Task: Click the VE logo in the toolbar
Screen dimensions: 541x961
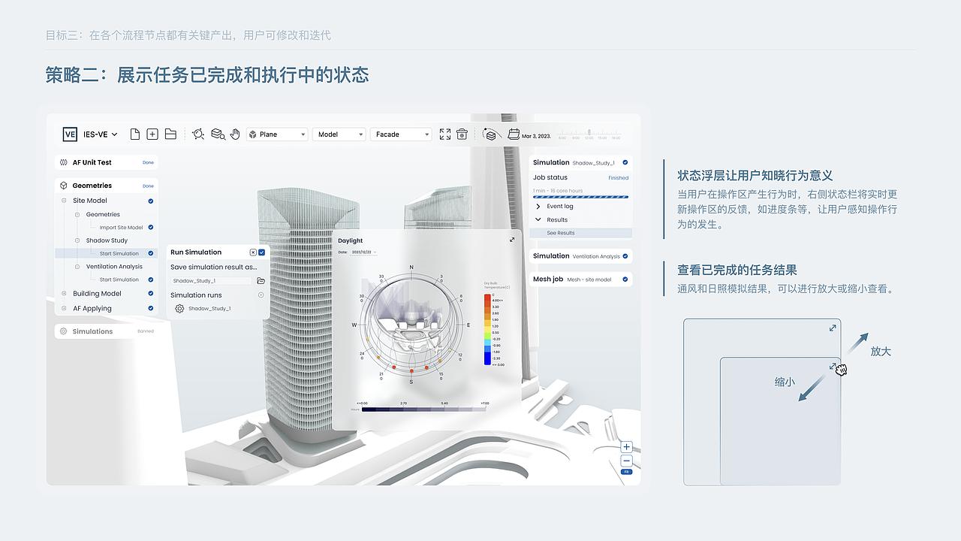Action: pyautogui.click(x=70, y=134)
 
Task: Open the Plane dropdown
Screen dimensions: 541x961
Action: pyautogui.click(x=277, y=134)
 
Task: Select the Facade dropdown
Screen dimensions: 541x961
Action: pyautogui.click(x=400, y=134)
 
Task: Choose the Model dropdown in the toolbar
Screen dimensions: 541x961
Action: pyautogui.click(x=339, y=134)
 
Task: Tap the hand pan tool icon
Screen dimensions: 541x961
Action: pyautogui.click(x=235, y=134)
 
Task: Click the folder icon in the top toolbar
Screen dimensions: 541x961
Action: pyautogui.click(x=170, y=134)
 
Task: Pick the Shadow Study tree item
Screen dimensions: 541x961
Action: pyautogui.click(x=107, y=240)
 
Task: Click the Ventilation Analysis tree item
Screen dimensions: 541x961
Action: pyautogui.click(x=114, y=267)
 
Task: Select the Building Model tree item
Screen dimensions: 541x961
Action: pyautogui.click(x=97, y=294)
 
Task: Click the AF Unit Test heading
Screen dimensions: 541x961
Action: pyautogui.click(x=92, y=162)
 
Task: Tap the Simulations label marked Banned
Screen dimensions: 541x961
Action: pyautogui.click(x=92, y=331)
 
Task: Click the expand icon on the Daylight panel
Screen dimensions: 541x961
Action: pyautogui.click(x=512, y=240)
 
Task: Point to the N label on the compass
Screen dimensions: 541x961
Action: pyautogui.click(x=411, y=267)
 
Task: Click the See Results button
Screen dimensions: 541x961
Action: pyautogui.click(x=561, y=233)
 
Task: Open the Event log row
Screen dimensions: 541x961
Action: pyautogui.click(x=559, y=207)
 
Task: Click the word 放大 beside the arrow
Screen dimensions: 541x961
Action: pyautogui.click(x=881, y=351)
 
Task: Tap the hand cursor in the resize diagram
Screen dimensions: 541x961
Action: pyautogui.click(x=841, y=369)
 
